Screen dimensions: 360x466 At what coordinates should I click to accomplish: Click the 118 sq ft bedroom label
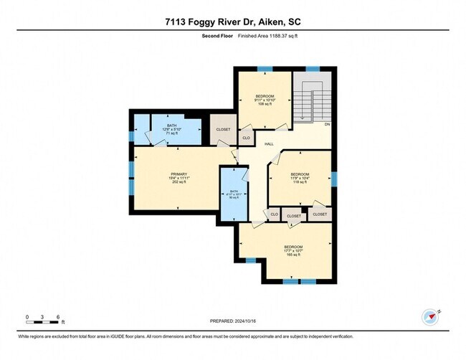[300, 178]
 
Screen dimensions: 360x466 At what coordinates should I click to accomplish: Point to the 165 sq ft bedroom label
[294, 250]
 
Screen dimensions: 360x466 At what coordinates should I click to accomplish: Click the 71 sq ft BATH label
[171, 129]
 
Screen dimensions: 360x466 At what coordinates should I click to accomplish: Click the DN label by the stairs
[327, 124]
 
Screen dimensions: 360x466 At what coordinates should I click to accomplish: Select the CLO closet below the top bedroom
[246, 137]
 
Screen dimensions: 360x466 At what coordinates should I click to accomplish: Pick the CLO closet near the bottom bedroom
[273, 214]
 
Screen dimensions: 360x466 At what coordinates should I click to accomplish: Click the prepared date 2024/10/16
[233, 321]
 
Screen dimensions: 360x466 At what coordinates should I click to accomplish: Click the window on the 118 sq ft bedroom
[333, 178]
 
